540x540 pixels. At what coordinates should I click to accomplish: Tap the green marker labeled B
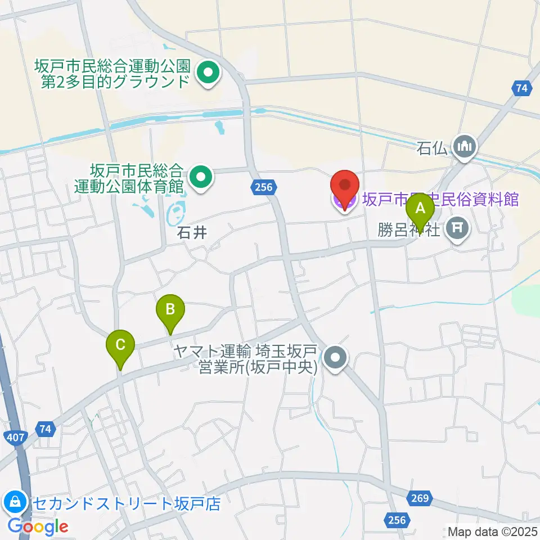pyautogui.click(x=170, y=309)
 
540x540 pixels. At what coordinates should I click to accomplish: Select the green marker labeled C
pyautogui.click(x=120, y=344)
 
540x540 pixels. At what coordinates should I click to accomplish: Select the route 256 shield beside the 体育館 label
pyautogui.click(x=262, y=187)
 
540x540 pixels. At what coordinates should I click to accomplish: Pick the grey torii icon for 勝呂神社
pyautogui.click(x=458, y=229)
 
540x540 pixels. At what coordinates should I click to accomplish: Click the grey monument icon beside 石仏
pyautogui.click(x=465, y=147)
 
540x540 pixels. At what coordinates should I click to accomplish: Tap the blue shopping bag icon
pyautogui.click(x=13, y=501)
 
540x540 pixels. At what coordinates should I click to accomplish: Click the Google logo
pyautogui.click(x=38, y=527)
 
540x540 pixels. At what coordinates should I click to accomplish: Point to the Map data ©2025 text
pyautogui.click(x=492, y=531)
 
